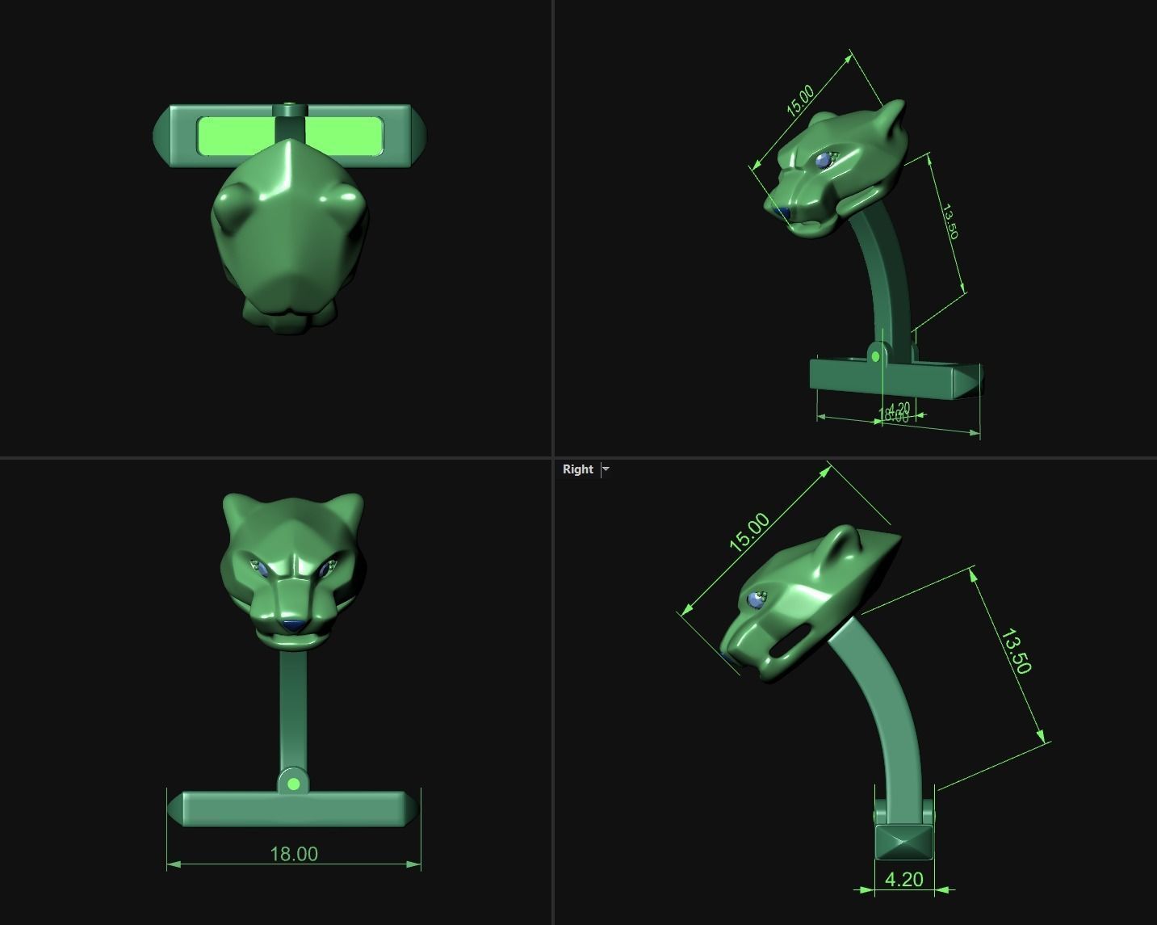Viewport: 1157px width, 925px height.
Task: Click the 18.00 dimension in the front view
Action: [x=294, y=854]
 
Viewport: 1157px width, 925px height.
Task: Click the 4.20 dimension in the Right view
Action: [x=903, y=879]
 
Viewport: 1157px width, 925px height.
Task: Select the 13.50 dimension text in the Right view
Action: [x=1015, y=651]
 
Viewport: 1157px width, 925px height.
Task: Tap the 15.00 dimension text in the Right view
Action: [x=749, y=532]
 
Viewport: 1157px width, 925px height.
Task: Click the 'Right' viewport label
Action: [x=577, y=469]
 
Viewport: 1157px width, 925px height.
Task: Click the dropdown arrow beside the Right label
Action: [x=606, y=469]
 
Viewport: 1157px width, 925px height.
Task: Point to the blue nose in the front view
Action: [x=292, y=625]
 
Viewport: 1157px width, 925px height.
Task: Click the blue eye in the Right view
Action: [x=757, y=599]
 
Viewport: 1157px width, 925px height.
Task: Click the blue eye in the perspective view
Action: [x=823, y=161]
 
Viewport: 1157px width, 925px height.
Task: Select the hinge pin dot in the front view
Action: [x=294, y=784]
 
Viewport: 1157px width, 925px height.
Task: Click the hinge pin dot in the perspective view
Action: [x=876, y=356]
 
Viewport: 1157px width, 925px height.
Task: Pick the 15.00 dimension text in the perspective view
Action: [x=800, y=99]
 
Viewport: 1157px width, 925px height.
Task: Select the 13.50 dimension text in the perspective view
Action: [x=949, y=222]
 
